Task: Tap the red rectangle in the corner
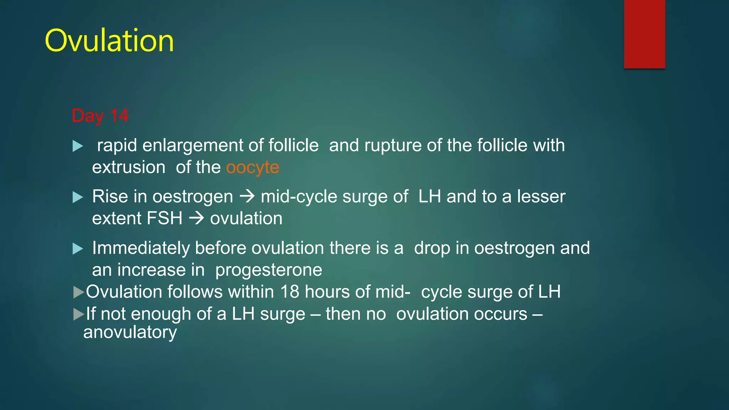pyautogui.click(x=644, y=34)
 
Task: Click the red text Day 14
pyautogui.click(x=100, y=116)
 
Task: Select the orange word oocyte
pyautogui.click(x=253, y=168)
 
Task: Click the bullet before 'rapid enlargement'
pyautogui.click(x=78, y=146)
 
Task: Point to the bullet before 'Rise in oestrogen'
pyautogui.click(x=78, y=197)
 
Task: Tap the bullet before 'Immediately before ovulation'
pyautogui.click(x=78, y=248)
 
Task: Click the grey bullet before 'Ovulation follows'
pyautogui.click(x=78, y=292)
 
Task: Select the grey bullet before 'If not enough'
pyautogui.click(x=78, y=314)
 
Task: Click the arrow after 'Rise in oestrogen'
pyautogui.click(x=247, y=196)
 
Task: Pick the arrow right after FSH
pyautogui.click(x=196, y=218)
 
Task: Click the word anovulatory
pyautogui.click(x=130, y=333)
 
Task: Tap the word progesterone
pyautogui.click(x=269, y=270)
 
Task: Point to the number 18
pyautogui.click(x=289, y=292)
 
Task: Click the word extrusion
pyautogui.click(x=129, y=168)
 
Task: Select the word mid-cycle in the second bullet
pyautogui.click(x=299, y=197)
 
